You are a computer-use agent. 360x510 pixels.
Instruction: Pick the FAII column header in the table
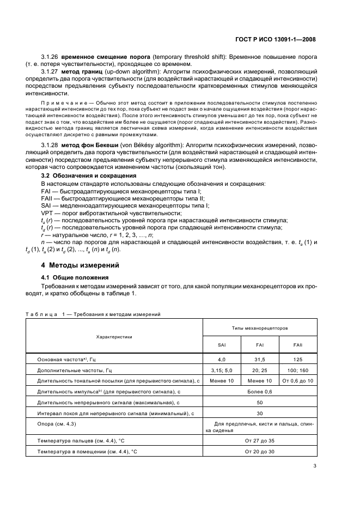click(x=298, y=345)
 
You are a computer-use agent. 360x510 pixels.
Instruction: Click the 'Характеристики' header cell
click(x=114, y=337)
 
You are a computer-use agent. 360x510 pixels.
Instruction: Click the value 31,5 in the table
click(x=260, y=360)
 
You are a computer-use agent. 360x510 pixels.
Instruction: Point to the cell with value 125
click(x=298, y=360)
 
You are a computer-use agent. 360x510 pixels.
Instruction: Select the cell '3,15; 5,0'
click(x=222, y=370)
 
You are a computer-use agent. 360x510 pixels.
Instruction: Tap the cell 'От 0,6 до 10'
click(x=298, y=380)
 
